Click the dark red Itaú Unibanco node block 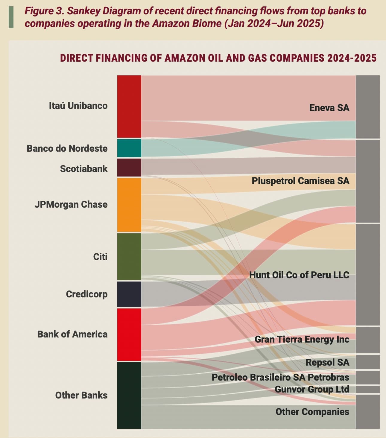pyautogui.click(x=129, y=106)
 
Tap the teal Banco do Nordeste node pyautogui.click(x=129, y=148)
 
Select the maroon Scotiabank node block pyautogui.click(x=129, y=168)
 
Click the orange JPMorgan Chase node pyautogui.click(x=129, y=205)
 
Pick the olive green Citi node pyautogui.click(x=129, y=256)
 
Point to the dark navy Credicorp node pyautogui.click(x=129, y=294)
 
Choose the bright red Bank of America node pyautogui.click(x=129, y=334)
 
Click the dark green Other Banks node pyautogui.click(x=129, y=395)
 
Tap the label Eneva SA pyautogui.click(x=329, y=108)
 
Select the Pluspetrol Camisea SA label pyautogui.click(x=300, y=181)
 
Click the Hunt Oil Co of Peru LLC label pyautogui.click(x=299, y=275)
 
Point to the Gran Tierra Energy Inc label pyautogui.click(x=302, y=339)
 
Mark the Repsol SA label pyautogui.click(x=327, y=362)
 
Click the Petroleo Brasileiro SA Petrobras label pyautogui.click(x=280, y=377)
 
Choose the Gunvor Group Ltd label pyautogui.click(x=312, y=389)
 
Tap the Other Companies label pyautogui.click(x=312, y=412)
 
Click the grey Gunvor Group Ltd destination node pyautogui.click(x=367, y=390)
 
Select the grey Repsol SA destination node pyautogui.click(x=367, y=362)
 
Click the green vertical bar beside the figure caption pyautogui.click(x=11, y=17)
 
